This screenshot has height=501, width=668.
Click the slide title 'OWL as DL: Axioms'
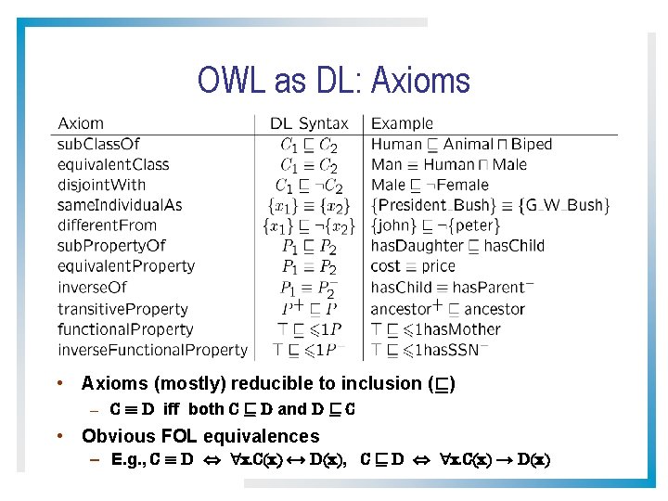333,81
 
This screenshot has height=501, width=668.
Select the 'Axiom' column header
81,123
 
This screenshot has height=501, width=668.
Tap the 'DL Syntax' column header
309,123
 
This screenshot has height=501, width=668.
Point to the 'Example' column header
402,123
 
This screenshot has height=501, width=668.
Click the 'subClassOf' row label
98,144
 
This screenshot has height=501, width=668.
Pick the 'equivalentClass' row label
113,164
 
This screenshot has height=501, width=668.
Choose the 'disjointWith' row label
101,185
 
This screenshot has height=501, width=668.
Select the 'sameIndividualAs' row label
120,205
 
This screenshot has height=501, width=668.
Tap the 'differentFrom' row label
107,225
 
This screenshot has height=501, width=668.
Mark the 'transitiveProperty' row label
122,308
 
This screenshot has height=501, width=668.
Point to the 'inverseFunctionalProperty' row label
152,350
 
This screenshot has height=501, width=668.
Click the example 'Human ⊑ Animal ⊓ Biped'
461,144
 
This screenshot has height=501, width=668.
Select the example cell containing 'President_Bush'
490,205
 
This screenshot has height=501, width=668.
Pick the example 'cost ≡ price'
413,266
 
